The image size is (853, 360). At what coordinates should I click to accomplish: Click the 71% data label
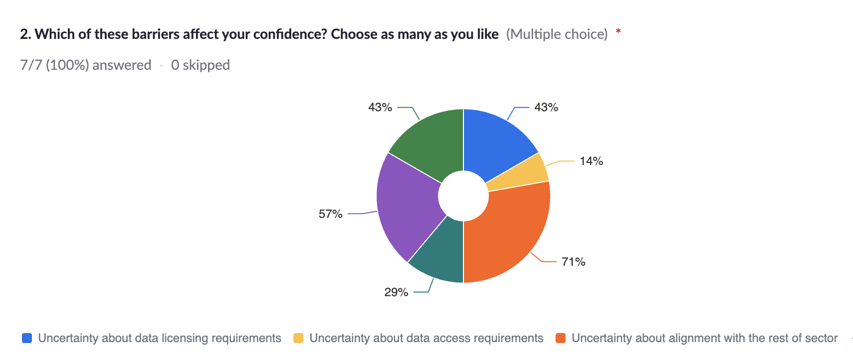573,262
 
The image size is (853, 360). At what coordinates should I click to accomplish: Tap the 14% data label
591,161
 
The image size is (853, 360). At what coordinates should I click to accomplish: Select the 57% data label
330,214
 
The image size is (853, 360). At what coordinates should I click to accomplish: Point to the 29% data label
396,292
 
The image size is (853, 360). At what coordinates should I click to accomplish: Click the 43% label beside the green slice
380,107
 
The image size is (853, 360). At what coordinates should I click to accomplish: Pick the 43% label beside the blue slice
546,107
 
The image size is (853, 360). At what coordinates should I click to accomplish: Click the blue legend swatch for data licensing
27,338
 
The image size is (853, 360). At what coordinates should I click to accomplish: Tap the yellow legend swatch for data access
298,338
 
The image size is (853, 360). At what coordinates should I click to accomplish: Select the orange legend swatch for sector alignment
561,338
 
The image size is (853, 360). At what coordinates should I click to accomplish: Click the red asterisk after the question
618,32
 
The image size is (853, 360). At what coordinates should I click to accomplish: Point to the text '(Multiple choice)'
557,34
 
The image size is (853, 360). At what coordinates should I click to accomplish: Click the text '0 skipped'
200,65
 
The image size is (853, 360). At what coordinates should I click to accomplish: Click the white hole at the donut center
463,196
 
